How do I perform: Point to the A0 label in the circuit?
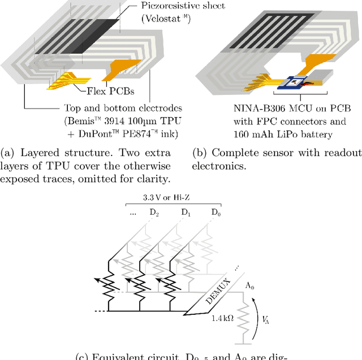click(x=249, y=287)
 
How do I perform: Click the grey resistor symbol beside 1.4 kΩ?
click(x=244, y=320)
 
